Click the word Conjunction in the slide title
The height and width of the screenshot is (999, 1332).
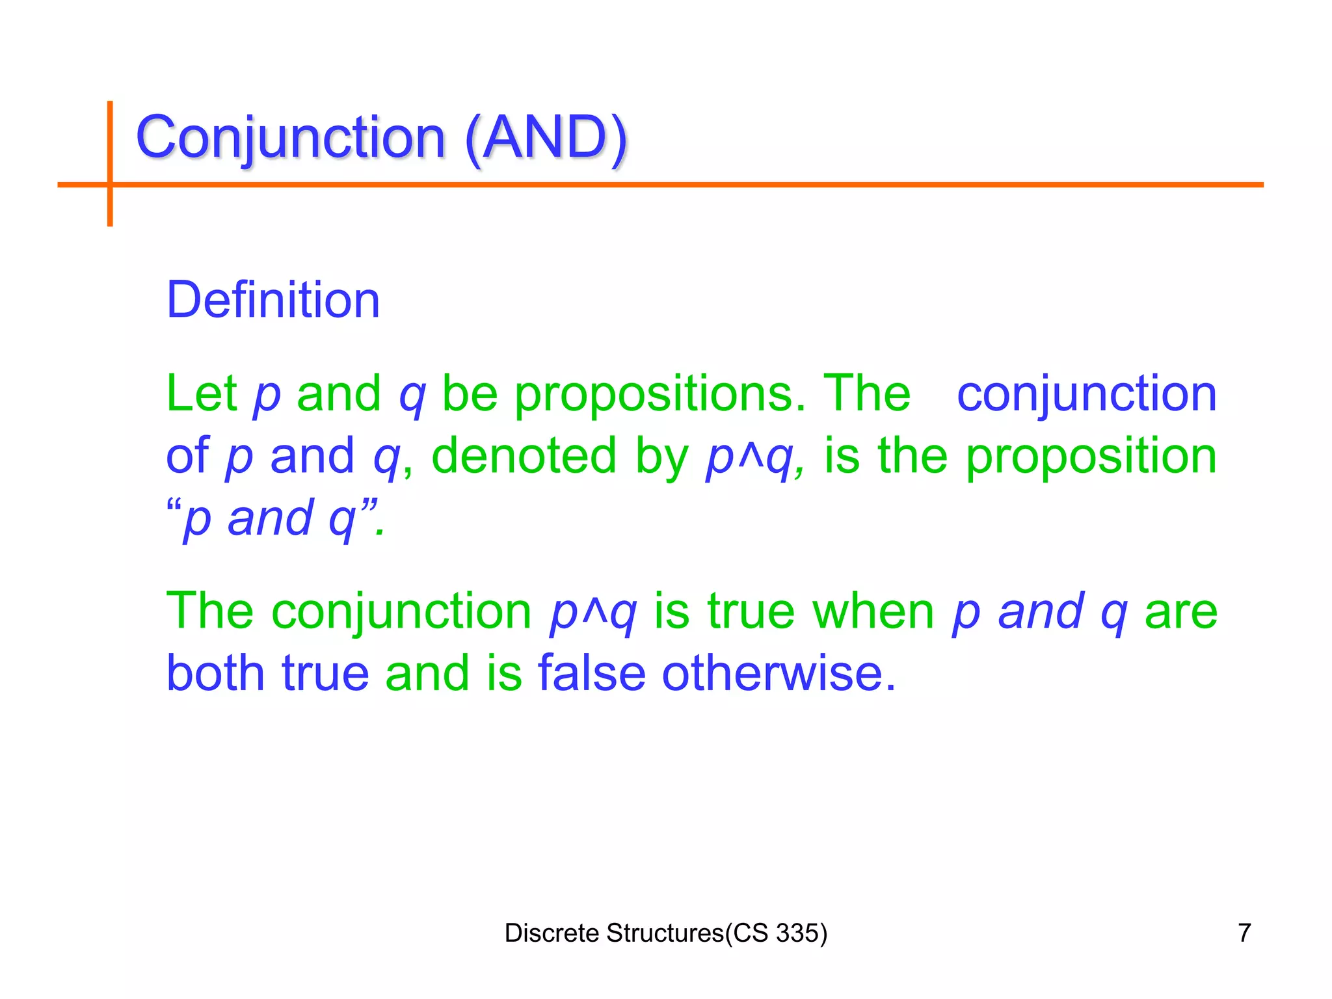[290, 139]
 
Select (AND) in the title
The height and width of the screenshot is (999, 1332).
[546, 139]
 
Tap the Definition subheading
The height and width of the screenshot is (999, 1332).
[273, 300]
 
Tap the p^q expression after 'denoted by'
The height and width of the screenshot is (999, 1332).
[754, 457]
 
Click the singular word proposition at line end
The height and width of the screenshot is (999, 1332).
[1091, 457]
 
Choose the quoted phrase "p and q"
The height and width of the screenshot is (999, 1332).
[273, 518]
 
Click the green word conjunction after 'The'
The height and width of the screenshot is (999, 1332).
[401, 611]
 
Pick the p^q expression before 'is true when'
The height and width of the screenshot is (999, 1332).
[593, 613]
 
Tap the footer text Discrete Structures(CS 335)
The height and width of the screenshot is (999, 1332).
[665, 933]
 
